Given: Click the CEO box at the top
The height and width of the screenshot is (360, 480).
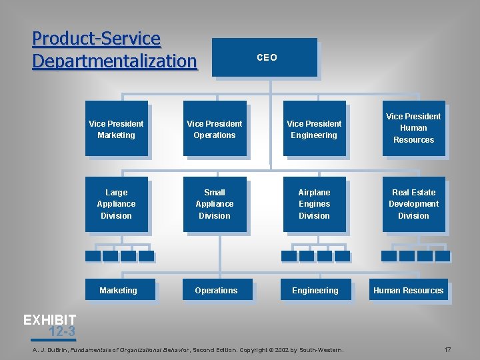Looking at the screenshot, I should click(x=265, y=58).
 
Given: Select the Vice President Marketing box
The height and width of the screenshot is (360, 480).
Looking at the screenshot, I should click(x=116, y=129).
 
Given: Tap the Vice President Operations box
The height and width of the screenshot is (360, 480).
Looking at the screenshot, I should click(x=215, y=129).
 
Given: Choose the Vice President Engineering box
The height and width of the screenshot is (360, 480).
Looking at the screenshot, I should click(x=314, y=129).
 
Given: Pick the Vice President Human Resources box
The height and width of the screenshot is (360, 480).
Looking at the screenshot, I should click(x=413, y=128).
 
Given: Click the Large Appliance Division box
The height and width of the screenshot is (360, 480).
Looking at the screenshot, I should click(x=116, y=204).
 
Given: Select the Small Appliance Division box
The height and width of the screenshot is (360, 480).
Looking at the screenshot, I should click(x=215, y=204).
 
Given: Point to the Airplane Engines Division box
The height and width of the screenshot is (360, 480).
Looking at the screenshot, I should click(x=314, y=204).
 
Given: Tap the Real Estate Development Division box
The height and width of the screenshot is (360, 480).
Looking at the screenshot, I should click(x=413, y=204).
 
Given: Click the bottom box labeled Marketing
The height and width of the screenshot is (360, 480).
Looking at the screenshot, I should click(x=119, y=290).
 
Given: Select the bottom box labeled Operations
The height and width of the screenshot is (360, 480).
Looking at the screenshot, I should click(x=217, y=290).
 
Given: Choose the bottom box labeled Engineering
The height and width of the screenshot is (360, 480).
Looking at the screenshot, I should click(x=315, y=290).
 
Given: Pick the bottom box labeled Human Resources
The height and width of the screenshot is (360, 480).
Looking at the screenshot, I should click(x=409, y=290).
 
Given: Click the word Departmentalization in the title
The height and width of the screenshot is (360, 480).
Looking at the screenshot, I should click(x=115, y=61).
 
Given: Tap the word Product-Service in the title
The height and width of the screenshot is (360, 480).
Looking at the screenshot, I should click(x=96, y=39).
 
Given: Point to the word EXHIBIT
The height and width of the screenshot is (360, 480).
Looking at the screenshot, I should click(x=49, y=320).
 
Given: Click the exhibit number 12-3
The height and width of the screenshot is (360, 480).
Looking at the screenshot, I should click(x=61, y=331).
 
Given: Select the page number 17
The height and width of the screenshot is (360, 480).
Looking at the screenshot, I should click(x=448, y=349).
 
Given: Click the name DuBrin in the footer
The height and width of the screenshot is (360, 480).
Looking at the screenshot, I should click(x=55, y=349).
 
